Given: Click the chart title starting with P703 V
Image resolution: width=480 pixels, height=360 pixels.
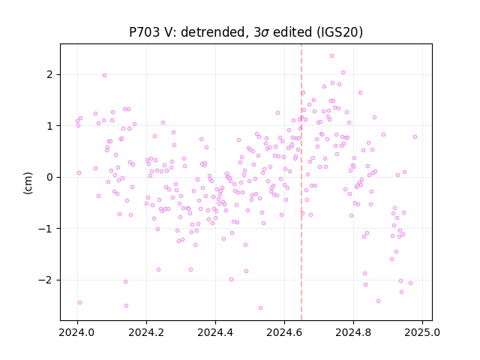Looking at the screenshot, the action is [x=246, y=32].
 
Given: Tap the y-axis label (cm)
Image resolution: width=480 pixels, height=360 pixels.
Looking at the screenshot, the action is [x=28, y=183].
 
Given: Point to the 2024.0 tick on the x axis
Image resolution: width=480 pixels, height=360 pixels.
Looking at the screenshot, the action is [x=77, y=332].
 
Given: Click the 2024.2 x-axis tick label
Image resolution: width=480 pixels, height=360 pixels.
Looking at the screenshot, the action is [x=146, y=332].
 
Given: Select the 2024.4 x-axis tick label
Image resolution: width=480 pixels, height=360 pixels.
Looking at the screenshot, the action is [x=215, y=332].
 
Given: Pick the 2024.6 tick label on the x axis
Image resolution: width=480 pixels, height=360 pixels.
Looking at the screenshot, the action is [x=284, y=332].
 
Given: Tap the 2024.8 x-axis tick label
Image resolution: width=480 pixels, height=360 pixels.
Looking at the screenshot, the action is [x=353, y=332].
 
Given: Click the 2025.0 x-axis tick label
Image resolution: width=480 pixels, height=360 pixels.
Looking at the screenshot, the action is [x=422, y=332].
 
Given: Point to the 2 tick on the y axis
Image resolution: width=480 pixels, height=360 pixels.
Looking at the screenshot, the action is [x=49, y=74].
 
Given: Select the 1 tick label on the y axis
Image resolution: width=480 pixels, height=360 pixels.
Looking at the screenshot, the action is [x=49, y=126].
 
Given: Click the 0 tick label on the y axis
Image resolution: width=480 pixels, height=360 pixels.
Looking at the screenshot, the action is [x=49, y=177].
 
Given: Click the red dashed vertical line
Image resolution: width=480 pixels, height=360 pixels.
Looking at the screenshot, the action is [x=301, y=182].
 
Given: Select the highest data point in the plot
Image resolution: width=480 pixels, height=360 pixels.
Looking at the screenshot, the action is [x=331, y=56].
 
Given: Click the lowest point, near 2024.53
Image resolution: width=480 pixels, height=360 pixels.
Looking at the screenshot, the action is [x=260, y=307].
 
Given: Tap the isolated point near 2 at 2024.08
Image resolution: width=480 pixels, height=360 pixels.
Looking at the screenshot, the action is [x=104, y=75].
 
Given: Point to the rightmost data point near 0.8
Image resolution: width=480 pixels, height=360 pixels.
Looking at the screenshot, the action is [x=415, y=136].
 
